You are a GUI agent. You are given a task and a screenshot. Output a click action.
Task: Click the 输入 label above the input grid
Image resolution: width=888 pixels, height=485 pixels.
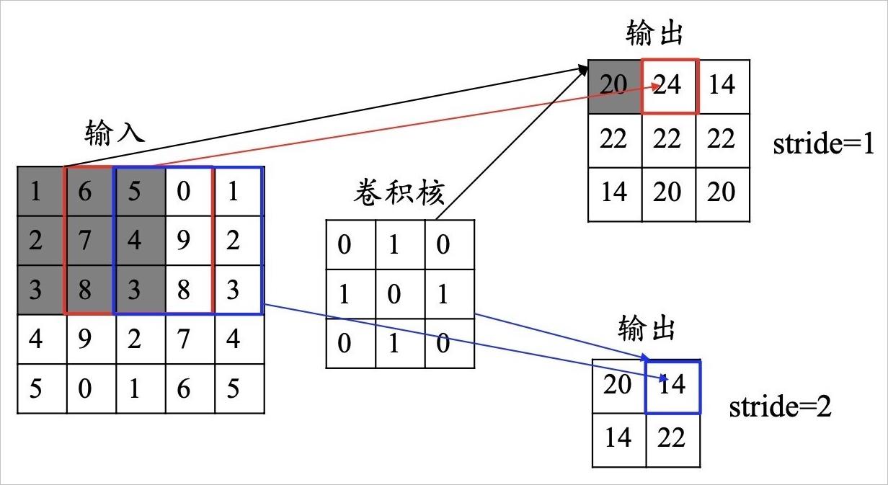click(115, 133)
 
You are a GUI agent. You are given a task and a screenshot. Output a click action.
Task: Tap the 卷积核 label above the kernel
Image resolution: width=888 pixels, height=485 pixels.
click(399, 192)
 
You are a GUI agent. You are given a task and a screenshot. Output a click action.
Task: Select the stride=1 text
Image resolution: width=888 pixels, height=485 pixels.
click(823, 143)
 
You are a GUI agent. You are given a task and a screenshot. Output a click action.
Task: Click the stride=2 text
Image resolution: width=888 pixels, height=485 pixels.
click(780, 406)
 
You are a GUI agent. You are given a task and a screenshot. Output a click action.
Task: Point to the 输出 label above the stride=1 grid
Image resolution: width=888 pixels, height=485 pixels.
click(654, 33)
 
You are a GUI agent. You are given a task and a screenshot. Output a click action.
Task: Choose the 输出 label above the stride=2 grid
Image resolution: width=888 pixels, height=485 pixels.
click(646, 328)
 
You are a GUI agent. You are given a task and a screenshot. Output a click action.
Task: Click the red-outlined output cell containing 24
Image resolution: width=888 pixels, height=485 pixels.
click(670, 86)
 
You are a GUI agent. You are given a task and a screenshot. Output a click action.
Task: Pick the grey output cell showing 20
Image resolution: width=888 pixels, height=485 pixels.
click(614, 86)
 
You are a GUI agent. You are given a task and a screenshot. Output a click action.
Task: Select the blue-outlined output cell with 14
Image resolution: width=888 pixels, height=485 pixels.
click(673, 387)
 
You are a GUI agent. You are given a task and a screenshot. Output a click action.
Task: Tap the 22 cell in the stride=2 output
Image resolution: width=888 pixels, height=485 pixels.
click(673, 440)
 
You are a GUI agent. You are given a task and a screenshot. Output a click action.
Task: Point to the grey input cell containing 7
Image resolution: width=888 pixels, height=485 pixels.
click(89, 241)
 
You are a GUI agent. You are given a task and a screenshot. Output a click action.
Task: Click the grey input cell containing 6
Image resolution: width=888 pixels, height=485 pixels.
click(89, 192)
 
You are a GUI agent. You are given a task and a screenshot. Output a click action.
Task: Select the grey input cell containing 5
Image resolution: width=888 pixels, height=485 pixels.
click(140, 192)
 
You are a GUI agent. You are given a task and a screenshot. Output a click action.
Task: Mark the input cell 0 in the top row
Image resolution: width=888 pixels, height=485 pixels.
click(190, 192)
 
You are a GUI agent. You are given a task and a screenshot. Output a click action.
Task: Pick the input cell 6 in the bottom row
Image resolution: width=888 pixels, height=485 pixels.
click(190, 388)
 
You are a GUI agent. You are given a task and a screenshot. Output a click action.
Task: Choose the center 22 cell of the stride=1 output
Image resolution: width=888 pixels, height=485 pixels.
click(669, 141)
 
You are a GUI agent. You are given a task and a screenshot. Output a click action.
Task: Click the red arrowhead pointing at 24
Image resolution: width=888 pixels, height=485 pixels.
click(655, 86)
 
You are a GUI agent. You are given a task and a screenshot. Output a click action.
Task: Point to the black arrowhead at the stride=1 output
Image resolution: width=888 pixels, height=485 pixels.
click(583, 70)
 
